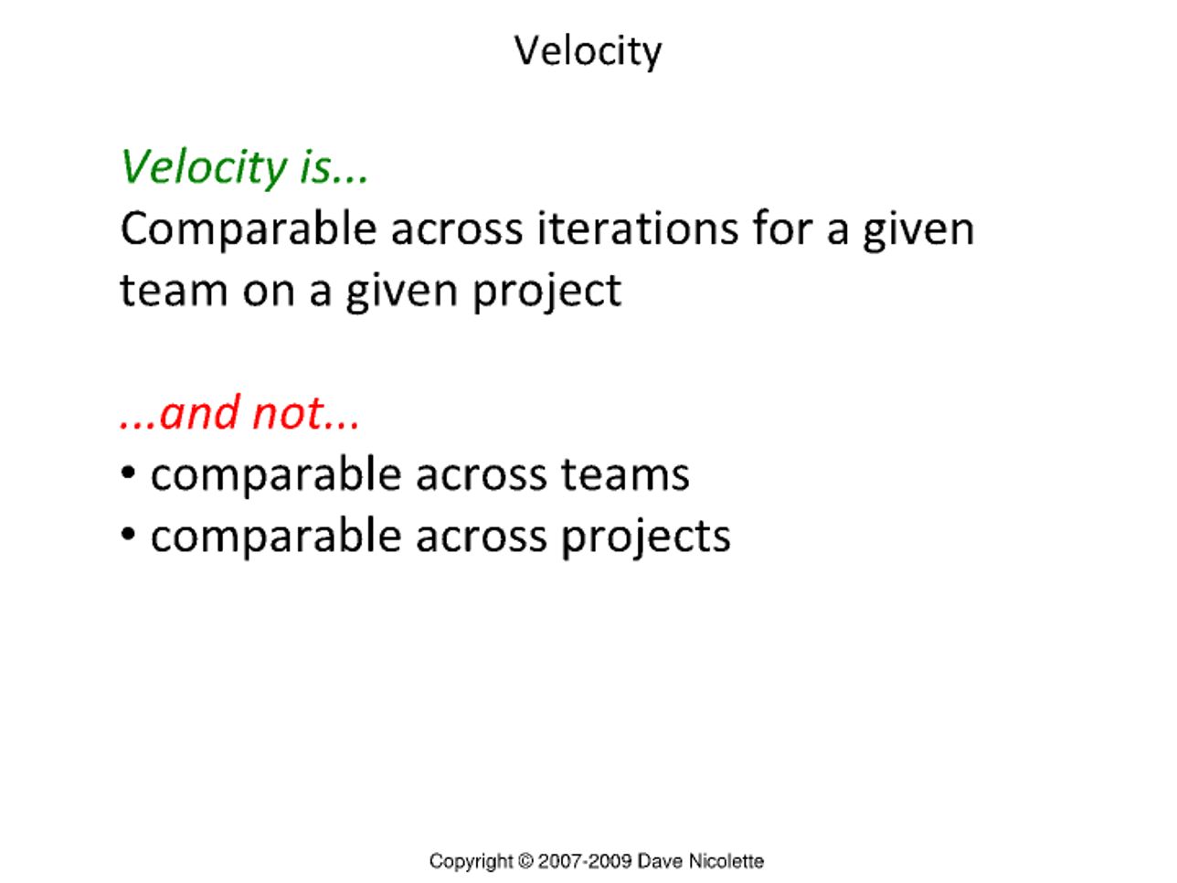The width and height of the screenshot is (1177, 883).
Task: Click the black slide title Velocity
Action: (588, 51)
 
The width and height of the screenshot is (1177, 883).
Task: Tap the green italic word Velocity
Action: (205, 167)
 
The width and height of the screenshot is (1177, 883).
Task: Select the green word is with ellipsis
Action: (334, 168)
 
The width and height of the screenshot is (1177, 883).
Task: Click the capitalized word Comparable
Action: (249, 230)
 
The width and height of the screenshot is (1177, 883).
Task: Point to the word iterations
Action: (638, 229)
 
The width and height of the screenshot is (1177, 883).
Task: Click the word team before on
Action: (175, 291)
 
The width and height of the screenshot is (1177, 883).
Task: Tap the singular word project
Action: (547, 292)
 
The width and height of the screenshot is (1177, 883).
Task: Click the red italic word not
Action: (288, 414)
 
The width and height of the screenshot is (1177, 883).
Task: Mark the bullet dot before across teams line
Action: (128, 473)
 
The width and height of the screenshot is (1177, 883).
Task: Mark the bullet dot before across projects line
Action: (128, 534)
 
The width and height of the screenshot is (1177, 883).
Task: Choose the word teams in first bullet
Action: (625, 475)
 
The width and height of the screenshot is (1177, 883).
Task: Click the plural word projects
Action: (646, 537)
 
